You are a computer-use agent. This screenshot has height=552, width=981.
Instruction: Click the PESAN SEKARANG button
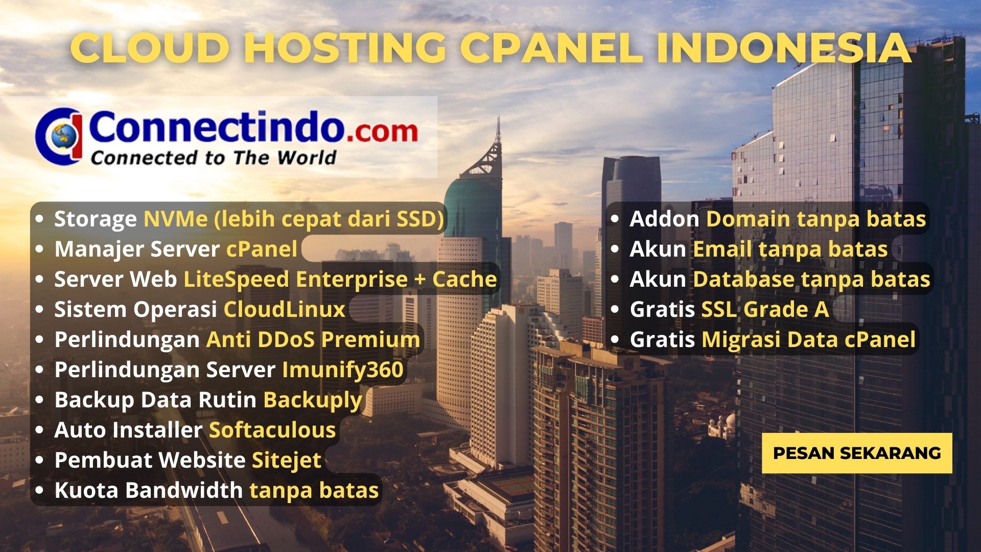(857, 453)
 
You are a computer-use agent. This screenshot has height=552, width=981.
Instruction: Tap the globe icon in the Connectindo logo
(64, 135)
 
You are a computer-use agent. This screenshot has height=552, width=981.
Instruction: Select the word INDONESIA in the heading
(784, 48)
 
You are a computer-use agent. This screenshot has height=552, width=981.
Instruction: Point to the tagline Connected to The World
(214, 157)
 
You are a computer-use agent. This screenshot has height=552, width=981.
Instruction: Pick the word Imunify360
(343, 370)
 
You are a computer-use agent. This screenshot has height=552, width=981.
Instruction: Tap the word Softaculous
(272, 430)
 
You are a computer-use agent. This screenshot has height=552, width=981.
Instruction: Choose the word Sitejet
(287, 461)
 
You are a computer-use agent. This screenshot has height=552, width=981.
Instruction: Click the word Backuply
(313, 400)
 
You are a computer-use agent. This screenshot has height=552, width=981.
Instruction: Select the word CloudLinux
(285, 309)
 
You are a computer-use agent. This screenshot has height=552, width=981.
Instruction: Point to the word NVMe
(176, 219)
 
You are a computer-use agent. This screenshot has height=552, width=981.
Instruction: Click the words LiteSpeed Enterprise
(296, 280)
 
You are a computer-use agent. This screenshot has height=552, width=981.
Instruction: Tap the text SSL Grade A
(765, 309)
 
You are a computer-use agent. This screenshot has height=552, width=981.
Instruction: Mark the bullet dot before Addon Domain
(615, 219)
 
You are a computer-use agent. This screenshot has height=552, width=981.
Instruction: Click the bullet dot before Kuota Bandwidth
(40, 490)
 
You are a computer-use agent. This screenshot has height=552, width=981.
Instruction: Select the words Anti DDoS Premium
(313, 340)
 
